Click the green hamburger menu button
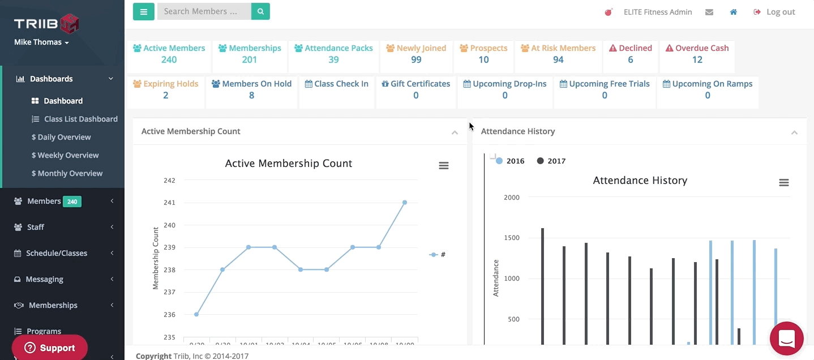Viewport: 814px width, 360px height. point(143,11)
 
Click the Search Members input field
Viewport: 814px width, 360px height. point(204,11)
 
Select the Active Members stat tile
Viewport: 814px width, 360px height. point(169,54)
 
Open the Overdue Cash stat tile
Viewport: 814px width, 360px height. point(697,54)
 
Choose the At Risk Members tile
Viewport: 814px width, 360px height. point(558,54)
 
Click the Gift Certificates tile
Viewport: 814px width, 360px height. point(415,89)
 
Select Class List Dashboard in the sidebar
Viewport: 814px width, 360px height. point(80,119)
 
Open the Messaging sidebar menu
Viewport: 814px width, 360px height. point(45,279)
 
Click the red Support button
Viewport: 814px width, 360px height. point(50,348)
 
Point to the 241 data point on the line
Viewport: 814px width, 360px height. point(405,202)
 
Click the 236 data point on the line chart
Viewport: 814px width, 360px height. point(196,314)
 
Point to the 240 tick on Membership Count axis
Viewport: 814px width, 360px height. point(169,225)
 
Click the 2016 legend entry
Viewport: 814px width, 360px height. point(511,161)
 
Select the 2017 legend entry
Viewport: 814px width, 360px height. point(551,161)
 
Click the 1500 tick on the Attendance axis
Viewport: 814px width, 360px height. point(511,238)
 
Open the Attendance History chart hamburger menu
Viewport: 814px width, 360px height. point(783,182)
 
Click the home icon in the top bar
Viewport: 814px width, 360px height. point(733,12)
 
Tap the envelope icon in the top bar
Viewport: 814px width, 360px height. point(709,12)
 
